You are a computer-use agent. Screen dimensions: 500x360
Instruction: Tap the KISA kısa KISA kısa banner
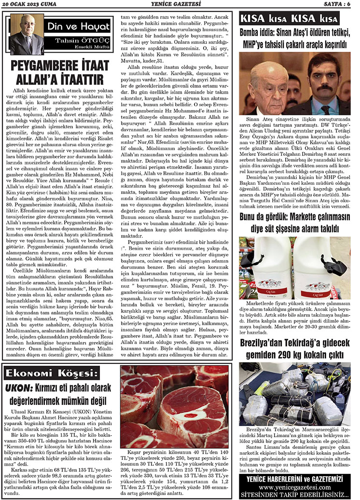289,19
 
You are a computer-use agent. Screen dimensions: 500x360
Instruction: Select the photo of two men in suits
294,83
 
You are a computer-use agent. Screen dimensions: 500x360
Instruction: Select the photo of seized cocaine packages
294,393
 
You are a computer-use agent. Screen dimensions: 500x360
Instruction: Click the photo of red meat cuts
174,406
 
